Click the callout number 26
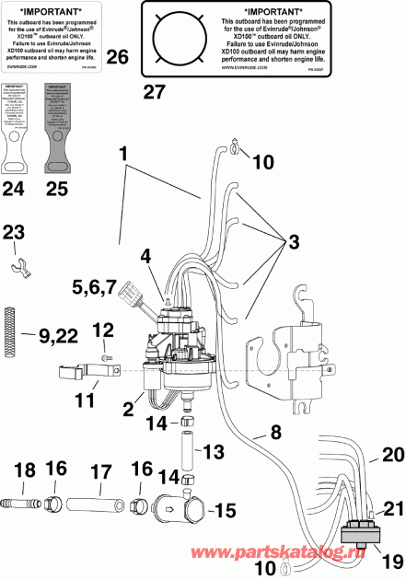(x=117, y=56)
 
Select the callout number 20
(x=368, y=454)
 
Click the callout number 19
(x=368, y=554)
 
